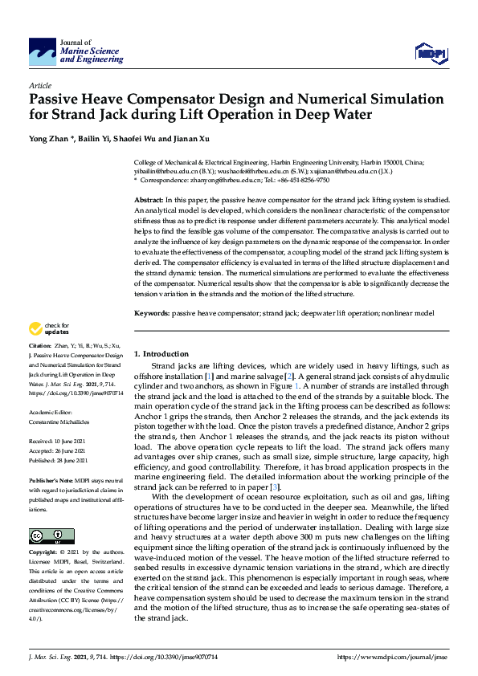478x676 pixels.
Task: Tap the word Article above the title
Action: tap(40, 85)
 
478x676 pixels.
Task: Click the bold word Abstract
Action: tap(149, 198)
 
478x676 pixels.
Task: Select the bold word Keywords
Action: tap(151, 311)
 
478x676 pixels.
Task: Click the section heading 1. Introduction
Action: tap(161, 354)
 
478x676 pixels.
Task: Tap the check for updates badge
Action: tap(48, 328)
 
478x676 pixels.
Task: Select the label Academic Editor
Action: tap(51, 410)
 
